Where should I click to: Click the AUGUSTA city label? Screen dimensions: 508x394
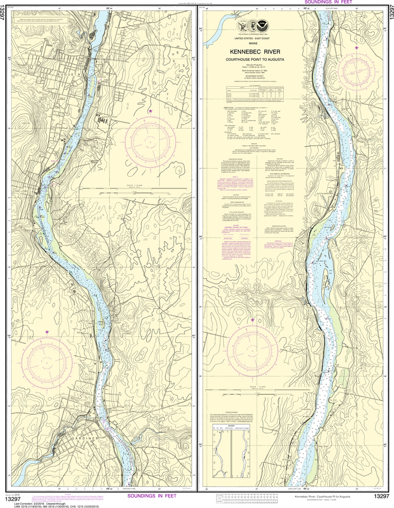click(x=70, y=74)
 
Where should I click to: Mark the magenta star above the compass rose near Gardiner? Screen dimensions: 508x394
click(x=47, y=331)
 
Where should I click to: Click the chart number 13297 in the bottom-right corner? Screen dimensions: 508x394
click(x=381, y=497)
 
